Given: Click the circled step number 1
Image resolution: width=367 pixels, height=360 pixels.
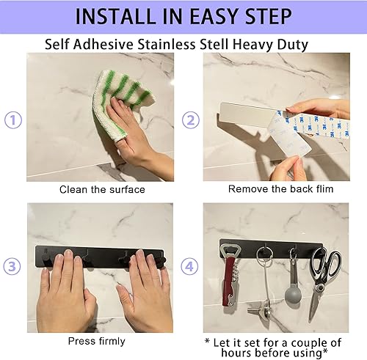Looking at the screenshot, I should [12, 120].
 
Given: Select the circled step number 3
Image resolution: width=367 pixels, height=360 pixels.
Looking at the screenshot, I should [12, 268].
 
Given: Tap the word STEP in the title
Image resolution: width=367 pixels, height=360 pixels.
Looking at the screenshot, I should [264, 16].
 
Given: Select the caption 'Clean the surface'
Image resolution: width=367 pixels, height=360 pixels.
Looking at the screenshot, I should [102, 189].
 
